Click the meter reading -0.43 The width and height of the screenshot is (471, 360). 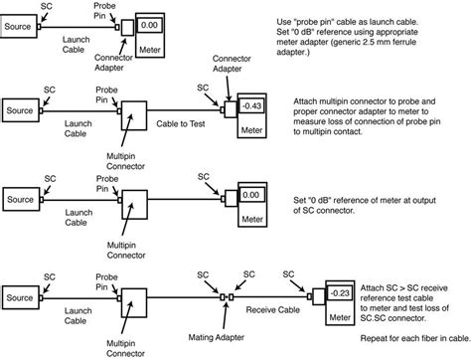(252, 106)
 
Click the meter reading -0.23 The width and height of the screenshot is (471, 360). (340, 293)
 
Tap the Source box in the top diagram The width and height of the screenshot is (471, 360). (18, 26)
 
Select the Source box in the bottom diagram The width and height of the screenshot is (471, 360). (21, 297)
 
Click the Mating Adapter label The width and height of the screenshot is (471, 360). (217, 338)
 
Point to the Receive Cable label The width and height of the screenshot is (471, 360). (273, 310)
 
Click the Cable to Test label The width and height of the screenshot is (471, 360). (181, 124)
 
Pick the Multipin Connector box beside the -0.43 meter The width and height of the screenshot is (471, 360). (134, 115)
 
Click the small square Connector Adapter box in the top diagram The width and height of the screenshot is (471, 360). (127, 28)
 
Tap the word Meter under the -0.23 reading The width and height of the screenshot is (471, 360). (340, 317)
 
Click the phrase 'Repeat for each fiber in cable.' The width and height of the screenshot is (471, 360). (415, 338)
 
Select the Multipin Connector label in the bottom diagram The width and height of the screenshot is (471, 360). (125, 348)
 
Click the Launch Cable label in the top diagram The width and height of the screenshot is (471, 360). (76, 45)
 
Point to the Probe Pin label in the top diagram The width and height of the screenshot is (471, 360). (104, 11)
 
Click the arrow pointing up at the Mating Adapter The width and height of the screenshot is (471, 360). (226, 317)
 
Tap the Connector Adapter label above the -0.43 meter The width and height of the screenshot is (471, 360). (232, 64)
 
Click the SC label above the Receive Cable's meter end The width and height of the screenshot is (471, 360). (288, 274)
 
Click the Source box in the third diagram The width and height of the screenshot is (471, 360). (21, 199)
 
